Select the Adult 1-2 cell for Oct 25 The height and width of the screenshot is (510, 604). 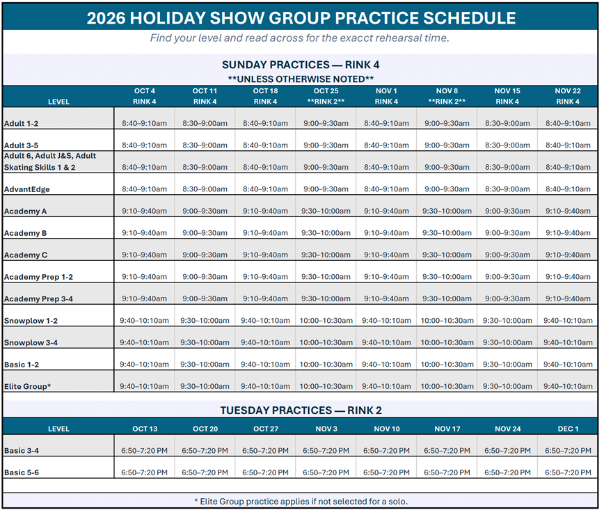point(326,123)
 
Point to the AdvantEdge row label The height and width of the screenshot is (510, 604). point(27,189)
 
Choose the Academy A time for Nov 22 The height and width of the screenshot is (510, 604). point(568,211)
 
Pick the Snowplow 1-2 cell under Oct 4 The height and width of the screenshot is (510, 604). point(144,321)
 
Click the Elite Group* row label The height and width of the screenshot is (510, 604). point(27,386)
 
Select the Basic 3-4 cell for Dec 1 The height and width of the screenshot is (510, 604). point(568,451)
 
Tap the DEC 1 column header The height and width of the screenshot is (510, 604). point(568,429)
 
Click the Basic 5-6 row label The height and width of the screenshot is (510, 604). point(22,472)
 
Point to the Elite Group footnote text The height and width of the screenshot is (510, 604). point(301,501)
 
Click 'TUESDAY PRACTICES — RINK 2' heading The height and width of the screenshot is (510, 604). point(301,411)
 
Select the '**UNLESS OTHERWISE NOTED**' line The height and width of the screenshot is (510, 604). point(301,79)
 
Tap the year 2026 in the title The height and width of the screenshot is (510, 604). point(106,18)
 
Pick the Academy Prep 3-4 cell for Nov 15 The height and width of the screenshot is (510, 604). point(507,298)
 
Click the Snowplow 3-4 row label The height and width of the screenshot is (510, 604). point(31,342)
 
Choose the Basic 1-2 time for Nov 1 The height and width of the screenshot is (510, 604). point(386,365)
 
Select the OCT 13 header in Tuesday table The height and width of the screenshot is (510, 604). point(145,429)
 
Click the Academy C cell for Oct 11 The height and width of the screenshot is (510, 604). point(205,255)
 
